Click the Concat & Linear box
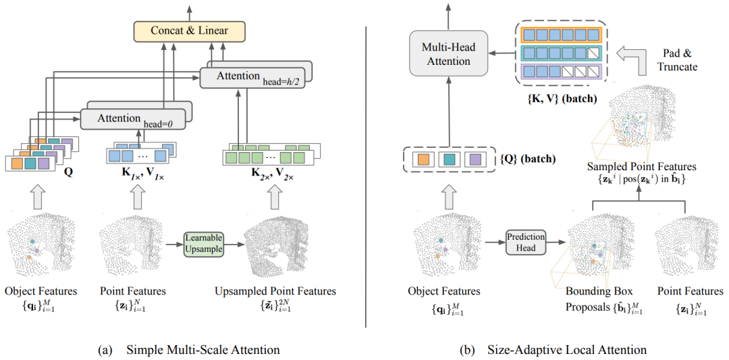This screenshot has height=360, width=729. pyautogui.click(x=189, y=31)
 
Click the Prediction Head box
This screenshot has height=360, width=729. pyautogui.click(x=526, y=242)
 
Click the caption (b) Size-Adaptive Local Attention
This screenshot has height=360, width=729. pyautogui.click(x=552, y=349)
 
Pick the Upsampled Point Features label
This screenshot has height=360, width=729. pyautogui.click(x=275, y=291)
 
